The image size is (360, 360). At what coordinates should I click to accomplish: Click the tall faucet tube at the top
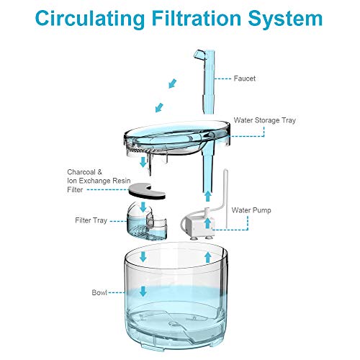[x=202, y=79]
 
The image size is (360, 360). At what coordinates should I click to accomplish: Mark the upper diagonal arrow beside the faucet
[x=171, y=85]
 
